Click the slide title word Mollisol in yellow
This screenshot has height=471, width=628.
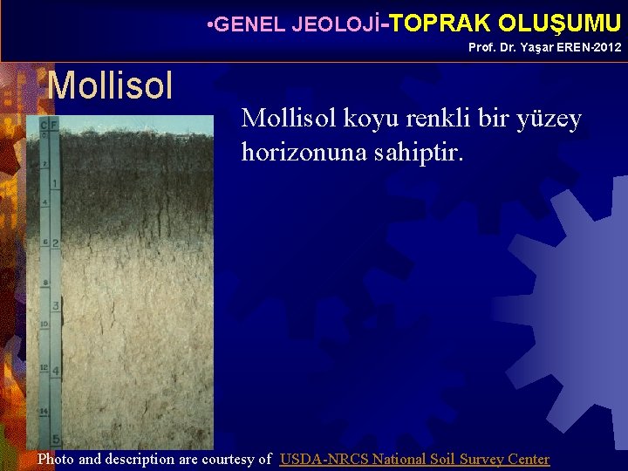[110, 85]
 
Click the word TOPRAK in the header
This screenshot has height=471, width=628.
[442, 23]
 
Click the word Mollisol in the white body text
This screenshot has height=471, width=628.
[286, 119]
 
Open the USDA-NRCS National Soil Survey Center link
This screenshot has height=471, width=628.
[414, 459]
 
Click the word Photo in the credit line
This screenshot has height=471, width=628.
[56, 459]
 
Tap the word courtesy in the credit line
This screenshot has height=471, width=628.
[230, 459]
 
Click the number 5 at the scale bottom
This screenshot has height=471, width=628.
[56, 440]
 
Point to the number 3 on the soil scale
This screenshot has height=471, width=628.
[56, 306]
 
